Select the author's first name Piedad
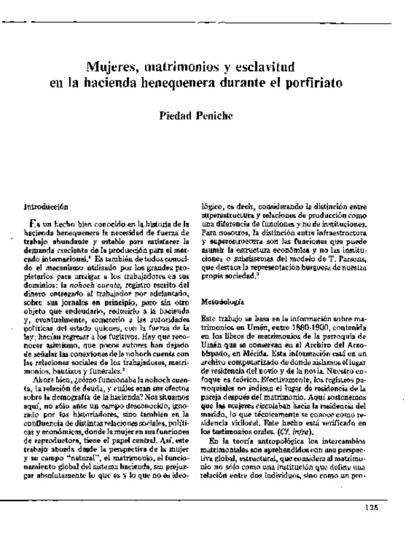pos(176,117)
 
